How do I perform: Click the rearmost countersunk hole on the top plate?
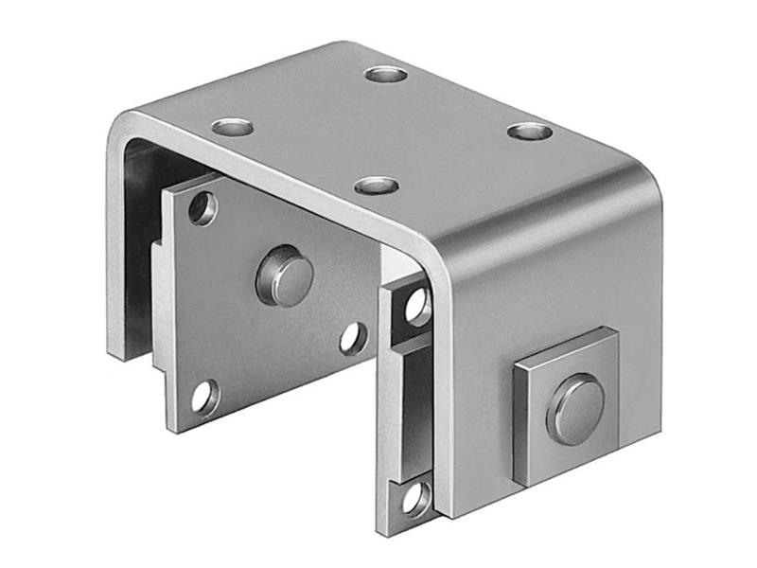(385, 74)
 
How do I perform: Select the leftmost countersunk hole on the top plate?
(232, 126)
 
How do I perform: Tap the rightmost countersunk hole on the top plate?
(529, 131)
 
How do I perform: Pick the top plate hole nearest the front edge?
(377, 185)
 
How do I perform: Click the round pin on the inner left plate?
(285, 275)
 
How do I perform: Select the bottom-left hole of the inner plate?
(204, 397)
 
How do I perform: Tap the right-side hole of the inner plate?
(353, 338)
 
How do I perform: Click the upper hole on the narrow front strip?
(416, 305)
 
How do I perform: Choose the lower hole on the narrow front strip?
(416, 498)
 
